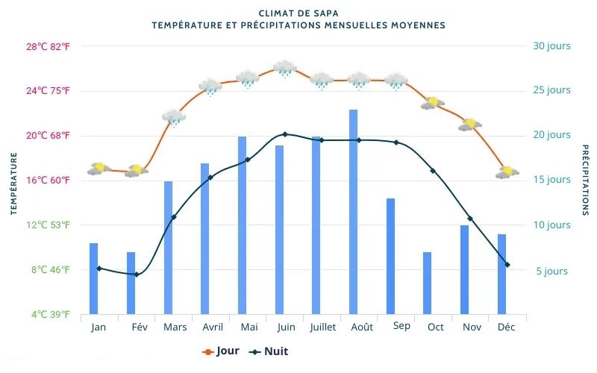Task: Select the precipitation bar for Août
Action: (x=353, y=212)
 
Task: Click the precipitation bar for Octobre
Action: (x=428, y=283)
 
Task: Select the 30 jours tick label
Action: (x=551, y=46)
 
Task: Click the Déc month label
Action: (x=506, y=327)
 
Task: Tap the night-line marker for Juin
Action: (x=284, y=134)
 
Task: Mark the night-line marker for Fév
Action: (x=136, y=275)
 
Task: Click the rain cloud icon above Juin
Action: (x=284, y=69)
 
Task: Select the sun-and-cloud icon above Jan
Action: (x=99, y=169)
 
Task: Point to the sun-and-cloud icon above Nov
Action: (x=470, y=124)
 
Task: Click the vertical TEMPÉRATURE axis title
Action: (x=13, y=183)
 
